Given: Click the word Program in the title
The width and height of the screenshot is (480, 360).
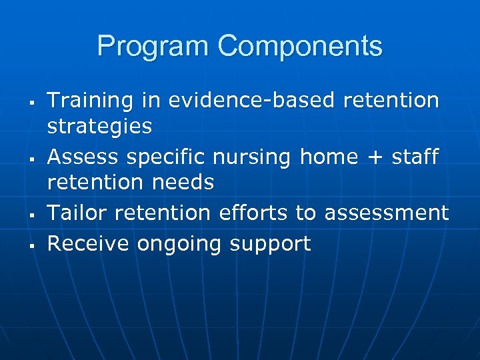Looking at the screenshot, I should click(x=153, y=47).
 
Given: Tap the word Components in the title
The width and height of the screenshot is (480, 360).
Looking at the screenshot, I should click(x=299, y=47).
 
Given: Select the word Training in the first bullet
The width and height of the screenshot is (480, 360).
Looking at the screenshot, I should click(x=90, y=101).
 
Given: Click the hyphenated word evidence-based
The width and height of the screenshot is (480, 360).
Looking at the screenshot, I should click(x=251, y=101).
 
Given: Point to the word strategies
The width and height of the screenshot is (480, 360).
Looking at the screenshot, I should click(x=99, y=125).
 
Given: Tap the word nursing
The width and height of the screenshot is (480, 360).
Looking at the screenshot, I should click(x=253, y=157).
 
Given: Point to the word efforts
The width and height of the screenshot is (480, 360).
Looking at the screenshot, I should click(x=256, y=213).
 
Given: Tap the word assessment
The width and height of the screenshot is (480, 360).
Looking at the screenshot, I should click(x=386, y=213).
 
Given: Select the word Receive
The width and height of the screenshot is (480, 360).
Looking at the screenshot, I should click(x=89, y=244).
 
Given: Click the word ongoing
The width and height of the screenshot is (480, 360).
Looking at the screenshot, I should click(x=179, y=244).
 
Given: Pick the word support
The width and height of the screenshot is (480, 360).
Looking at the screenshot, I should click(x=270, y=244).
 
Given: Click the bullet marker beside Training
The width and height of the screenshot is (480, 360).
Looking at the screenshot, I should click(x=32, y=103).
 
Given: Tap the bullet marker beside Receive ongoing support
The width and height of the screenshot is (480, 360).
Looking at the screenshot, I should click(x=32, y=246).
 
